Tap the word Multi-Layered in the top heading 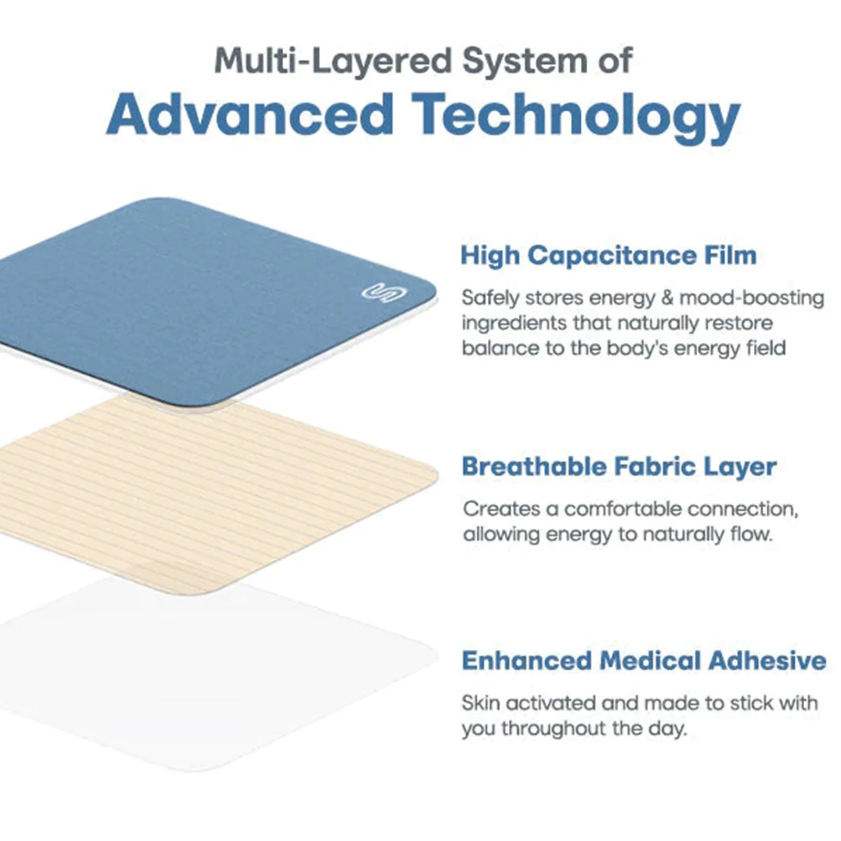[x=333, y=61]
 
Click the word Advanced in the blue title [x=250, y=115]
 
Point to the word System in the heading [x=525, y=62]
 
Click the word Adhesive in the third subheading [x=767, y=661]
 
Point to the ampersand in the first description [x=667, y=298]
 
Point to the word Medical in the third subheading [x=650, y=661]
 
